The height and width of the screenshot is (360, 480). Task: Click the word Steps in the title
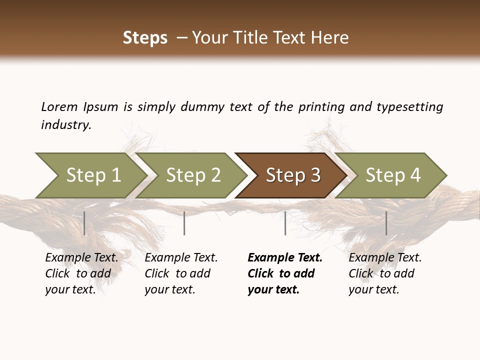(145, 38)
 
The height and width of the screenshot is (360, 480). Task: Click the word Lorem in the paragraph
(59, 106)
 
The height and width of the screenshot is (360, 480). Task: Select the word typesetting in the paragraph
(409, 106)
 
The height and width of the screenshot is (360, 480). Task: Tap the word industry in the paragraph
(66, 125)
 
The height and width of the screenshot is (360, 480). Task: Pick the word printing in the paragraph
(321, 106)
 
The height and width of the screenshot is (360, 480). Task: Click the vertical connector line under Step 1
(84, 223)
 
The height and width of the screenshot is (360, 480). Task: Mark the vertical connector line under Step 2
(184, 223)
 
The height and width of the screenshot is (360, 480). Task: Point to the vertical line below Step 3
(285, 223)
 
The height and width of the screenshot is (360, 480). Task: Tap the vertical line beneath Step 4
(386, 223)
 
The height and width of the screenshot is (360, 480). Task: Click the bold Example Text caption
(285, 273)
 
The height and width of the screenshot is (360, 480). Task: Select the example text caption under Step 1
(81, 273)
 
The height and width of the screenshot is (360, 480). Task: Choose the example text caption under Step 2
(181, 273)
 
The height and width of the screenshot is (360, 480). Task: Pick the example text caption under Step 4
(385, 273)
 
